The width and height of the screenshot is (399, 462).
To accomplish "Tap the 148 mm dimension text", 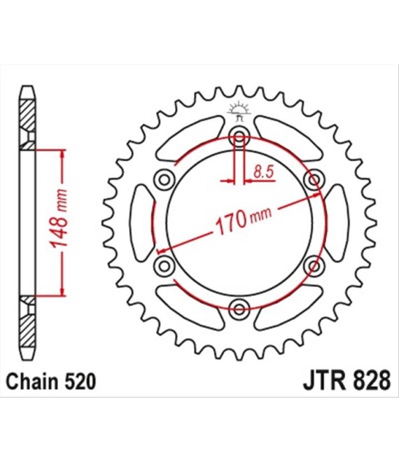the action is point(58,218).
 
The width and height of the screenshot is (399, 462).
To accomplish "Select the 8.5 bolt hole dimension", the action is point(264,172).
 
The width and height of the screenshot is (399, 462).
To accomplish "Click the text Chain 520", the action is point(51,381).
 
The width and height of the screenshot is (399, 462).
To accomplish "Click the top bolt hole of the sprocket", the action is point(239,136).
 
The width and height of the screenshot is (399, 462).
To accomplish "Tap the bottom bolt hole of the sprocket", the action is point(239,309).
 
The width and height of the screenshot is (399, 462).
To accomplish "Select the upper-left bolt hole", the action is point(164,179).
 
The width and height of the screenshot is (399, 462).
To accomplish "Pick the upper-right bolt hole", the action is point(314,179).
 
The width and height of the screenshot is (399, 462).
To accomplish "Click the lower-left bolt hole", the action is point(164,266).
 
